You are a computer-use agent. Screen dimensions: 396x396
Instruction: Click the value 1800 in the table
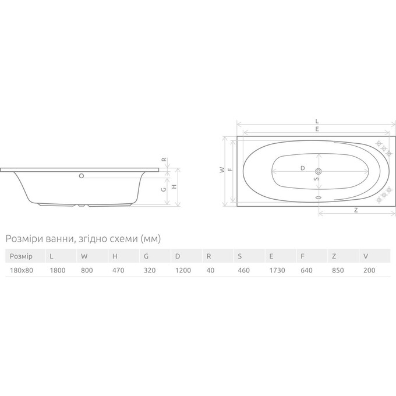(58, 270)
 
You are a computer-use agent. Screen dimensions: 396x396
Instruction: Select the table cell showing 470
(118, 270)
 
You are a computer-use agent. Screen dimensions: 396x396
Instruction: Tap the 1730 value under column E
(277, 270)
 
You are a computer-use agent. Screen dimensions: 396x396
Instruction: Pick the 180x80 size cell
(22, 270)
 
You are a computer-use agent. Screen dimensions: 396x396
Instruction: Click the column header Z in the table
(334, 256)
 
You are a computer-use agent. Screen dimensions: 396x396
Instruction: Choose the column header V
(366, 256)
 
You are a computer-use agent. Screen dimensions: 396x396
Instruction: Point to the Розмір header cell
(21, 256)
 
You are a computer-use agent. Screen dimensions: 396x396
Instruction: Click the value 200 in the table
(369, 270)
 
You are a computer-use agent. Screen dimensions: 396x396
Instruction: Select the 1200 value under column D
(183, 270)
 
